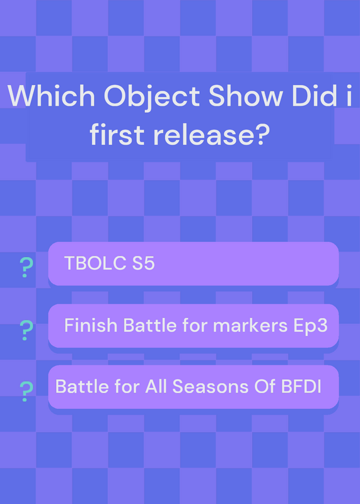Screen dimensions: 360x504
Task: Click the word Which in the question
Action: pyautogui.click(x=52, y=96)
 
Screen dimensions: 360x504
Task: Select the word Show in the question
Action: pyautogui.click(x=246, y=96)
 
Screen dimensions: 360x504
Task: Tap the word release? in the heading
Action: pyautogui.click(x=211, y=134)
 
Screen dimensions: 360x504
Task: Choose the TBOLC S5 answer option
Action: pyautogui.click(x=194, y=263)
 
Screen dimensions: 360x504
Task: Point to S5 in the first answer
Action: pyautogui.click(x=144, y=263)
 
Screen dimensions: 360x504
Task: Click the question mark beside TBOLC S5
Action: pyautogui.click(x=26, y=267)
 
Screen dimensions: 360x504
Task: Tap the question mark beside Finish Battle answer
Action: pyautogui.click(x=26, y=330)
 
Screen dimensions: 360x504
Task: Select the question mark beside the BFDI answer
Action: pyautogui.click(x=26, y=391)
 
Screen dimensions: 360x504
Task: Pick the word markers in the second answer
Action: pyautogui.click(x=250, y=325)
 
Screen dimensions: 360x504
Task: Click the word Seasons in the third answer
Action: pyautogui.click(x=211, y=386)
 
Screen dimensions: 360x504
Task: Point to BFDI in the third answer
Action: pyautogui.click(x=301, y=386)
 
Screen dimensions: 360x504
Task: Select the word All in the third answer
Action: pyautogui.click(x=156, y=386)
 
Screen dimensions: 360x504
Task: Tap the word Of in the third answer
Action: pyautogui.click(x=265, y=386)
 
